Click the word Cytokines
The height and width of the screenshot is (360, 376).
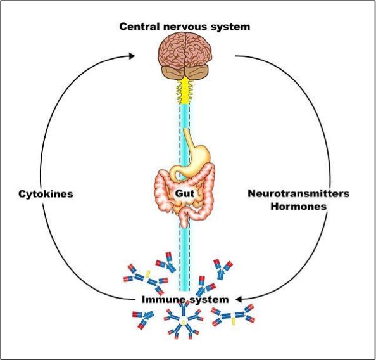pyautogui.click(x=46, y=193)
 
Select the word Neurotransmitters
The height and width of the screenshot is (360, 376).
pyautogui.click(x=299, y=193)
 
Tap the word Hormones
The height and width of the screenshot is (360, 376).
pyautogui.click(x=299, y=206)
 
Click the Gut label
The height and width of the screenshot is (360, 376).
pyautogui.click(x=185, y=193)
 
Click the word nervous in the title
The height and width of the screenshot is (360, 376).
pyautogui.click(x=185, y=27)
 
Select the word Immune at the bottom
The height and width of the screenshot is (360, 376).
pyautogui.click(x=160, y=300)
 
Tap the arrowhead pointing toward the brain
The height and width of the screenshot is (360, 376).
pyautogui.click(x=132, y=56)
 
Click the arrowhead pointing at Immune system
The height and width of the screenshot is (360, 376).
pyautogui.click(x=239, y=299)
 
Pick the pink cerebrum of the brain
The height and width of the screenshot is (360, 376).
pyautogui.click(x=185, y=51)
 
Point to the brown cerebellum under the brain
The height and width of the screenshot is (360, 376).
pyautogui.click(x=185, y=72)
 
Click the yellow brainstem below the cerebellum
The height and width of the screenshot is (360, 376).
pyautogui.click(x=185, y=91)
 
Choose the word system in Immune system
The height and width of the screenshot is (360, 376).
pyautogui.click(x=210, y=300)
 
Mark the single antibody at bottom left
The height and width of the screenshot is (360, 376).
pyautogui.click(x=142, y=319)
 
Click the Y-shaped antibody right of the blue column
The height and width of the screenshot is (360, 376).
pyautogui.click(x=223, y=269)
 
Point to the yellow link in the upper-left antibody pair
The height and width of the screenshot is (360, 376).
pyautogui.click(x=148, y=274)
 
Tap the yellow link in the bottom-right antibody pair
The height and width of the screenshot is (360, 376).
pyautogui.click(x=232, y=321)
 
